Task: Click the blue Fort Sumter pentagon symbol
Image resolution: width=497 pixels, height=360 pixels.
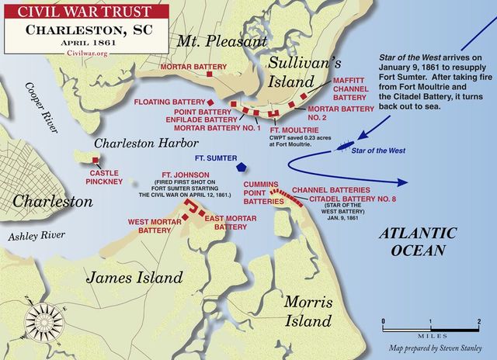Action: pos(242,167)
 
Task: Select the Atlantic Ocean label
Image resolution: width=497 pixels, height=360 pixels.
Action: pos(412,241)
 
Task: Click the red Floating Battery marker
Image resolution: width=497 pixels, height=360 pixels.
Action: pos(210,102)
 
